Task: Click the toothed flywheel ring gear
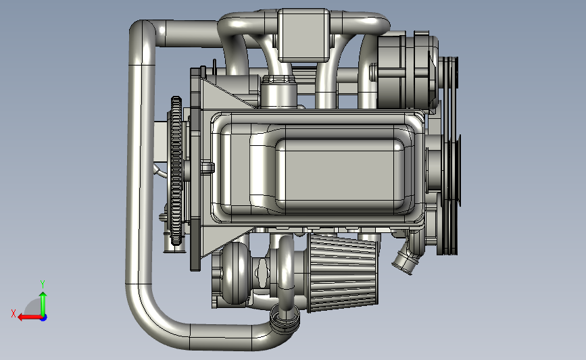(x=176, y=171)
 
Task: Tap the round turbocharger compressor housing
(x=235, y=273)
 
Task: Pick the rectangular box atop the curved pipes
(x=303, y=34)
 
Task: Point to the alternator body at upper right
(x=408, y=71)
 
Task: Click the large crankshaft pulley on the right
(x=449, y=195)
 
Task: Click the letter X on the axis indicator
(x=14, y=313)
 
